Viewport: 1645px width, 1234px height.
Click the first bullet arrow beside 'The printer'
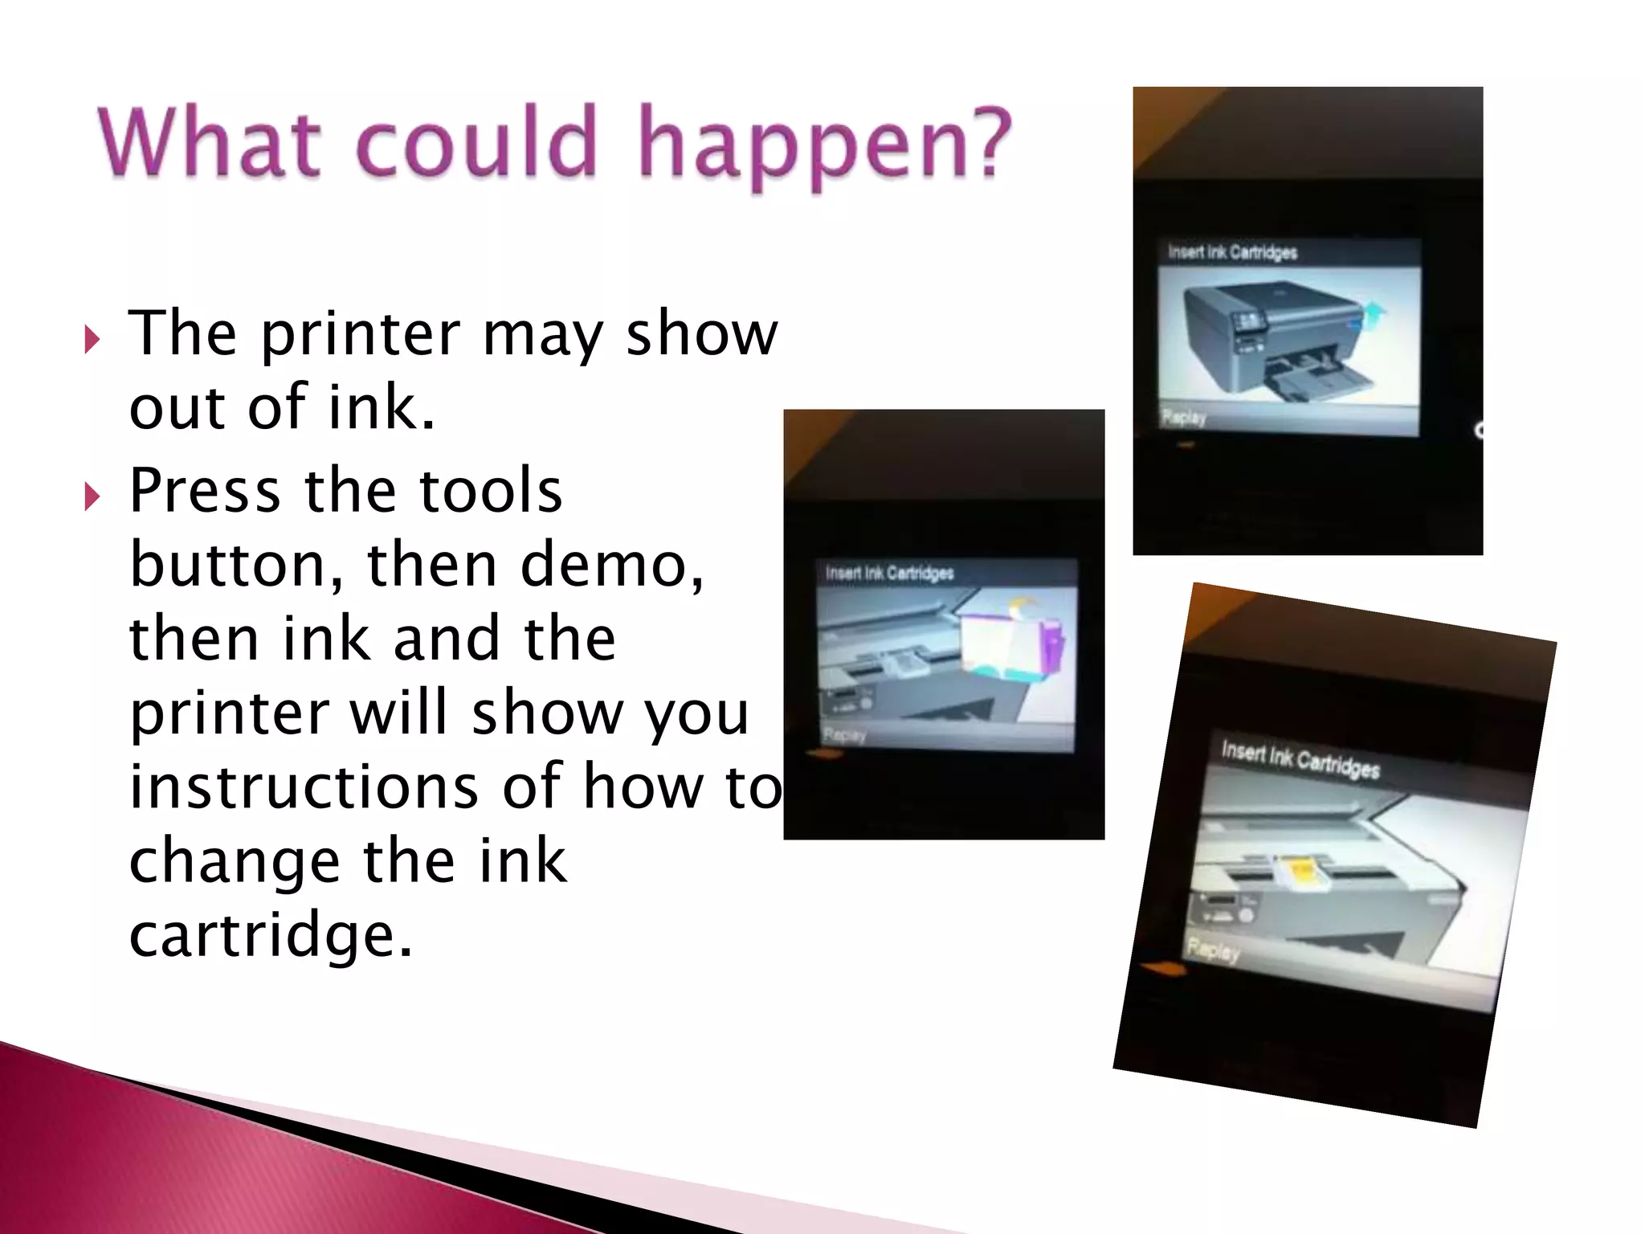92,340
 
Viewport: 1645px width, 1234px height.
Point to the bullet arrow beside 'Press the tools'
92,496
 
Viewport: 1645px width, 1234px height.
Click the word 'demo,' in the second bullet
611,565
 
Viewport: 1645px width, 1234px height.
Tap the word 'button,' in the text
237,565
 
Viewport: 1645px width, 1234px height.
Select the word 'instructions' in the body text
304,787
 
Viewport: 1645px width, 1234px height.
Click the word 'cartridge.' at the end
271,935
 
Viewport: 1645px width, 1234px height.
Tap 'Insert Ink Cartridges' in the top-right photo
1232,252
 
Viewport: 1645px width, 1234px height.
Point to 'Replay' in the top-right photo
1184,418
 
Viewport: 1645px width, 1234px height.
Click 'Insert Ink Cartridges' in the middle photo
889,573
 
